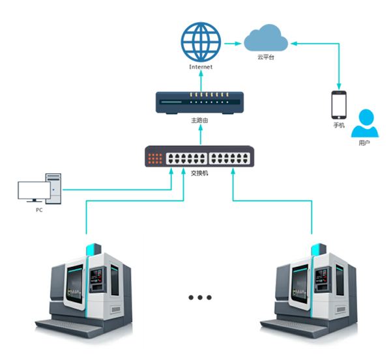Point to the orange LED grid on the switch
pyautogui.click(x=155, y=158)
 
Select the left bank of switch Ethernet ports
pyautogui.click(x=188, y=158)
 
